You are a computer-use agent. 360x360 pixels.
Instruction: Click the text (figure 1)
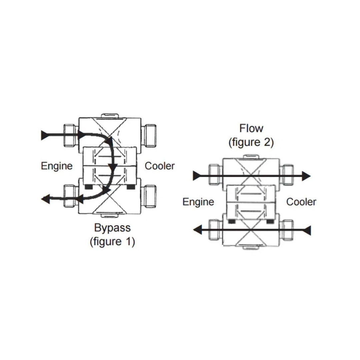(112, 242)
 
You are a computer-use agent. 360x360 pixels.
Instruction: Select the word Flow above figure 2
(251, 128)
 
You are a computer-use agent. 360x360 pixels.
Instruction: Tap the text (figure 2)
(251, 142)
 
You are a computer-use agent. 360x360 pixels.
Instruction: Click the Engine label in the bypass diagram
(57, 166)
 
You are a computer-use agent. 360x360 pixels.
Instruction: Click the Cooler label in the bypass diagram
(160, 166)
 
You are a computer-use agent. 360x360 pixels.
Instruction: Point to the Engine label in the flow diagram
(198, 202)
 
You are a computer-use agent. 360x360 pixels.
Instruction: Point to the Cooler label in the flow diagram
(301, 202)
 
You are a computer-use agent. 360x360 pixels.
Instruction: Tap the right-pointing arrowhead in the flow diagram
(306, 176)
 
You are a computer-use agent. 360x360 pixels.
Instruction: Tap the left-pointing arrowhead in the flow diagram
(198, 230)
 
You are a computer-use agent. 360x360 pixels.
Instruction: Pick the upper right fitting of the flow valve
(287, 174)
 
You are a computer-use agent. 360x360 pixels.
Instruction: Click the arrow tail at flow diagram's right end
(307, 230)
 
